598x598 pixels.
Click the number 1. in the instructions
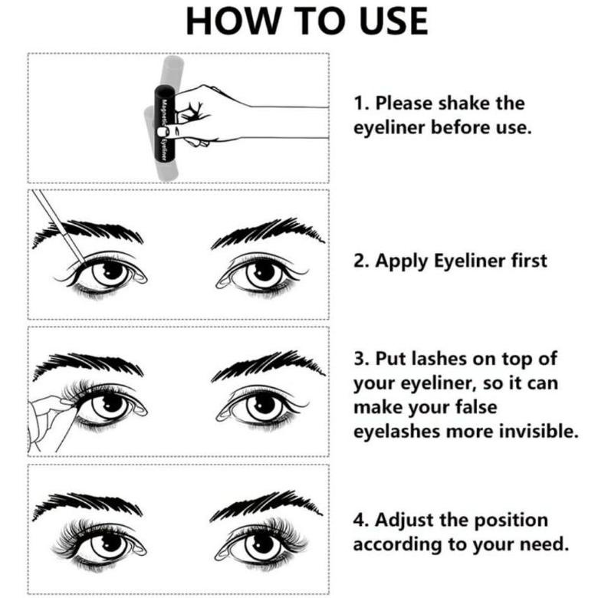point(360,103)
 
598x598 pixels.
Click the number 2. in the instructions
point(360,261)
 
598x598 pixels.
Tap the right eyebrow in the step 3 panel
point(264,365)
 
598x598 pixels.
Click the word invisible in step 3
point(536,431)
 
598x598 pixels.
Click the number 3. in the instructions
point(360,359)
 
